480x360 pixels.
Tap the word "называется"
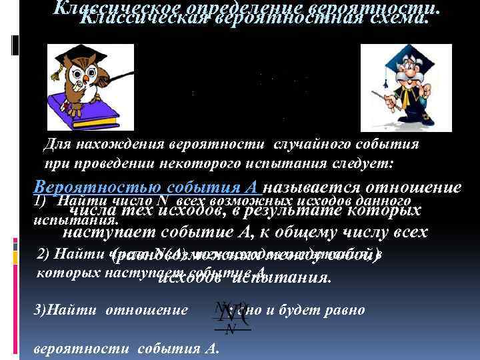[x=313, y=187]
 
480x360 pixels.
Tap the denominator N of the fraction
[x=231, y=330]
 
